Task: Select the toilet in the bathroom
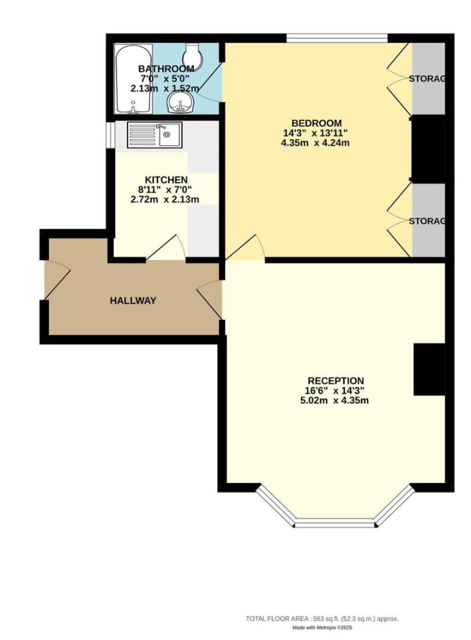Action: [192, 56]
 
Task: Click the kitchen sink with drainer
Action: [155, 135]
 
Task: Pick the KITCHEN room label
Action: [167, 180]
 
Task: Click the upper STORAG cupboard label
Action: [427, 79]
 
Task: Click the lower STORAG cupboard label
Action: [427, 221]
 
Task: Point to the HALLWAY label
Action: [133, 301]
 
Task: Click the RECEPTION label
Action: [336, 380]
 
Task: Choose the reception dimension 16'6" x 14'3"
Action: [336, 391]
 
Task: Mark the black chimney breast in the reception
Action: [429, 369]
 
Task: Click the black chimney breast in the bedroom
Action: [428, 148]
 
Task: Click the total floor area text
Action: [322, 619]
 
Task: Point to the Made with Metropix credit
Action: [322, 628]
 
